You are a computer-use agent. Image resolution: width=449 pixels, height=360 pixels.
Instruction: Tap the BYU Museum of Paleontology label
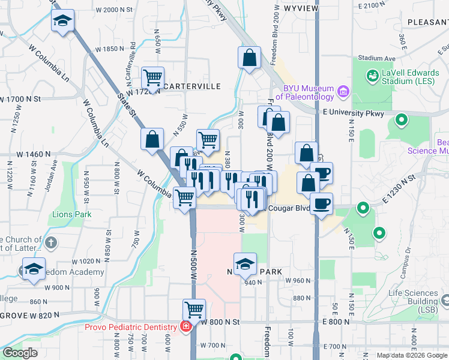[x=309, y=92]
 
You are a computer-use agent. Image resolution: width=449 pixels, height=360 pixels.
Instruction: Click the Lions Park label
[x=71, y=214]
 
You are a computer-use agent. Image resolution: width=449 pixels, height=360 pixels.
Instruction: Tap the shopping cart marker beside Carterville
[x=153, y=77]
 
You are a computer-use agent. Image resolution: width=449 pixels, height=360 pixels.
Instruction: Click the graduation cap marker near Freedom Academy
[x=34, y=269]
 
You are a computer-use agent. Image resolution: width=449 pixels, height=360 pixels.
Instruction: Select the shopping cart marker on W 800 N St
[x=194, y=310]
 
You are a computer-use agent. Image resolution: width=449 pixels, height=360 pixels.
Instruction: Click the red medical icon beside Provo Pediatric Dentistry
[x=186, y=326]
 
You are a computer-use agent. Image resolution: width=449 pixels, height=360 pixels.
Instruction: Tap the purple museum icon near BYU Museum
[x=343, y=92]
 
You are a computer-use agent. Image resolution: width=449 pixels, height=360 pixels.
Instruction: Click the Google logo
[x=21, y=353]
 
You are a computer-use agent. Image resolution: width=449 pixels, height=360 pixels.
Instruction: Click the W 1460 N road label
[x=34, y=154]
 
